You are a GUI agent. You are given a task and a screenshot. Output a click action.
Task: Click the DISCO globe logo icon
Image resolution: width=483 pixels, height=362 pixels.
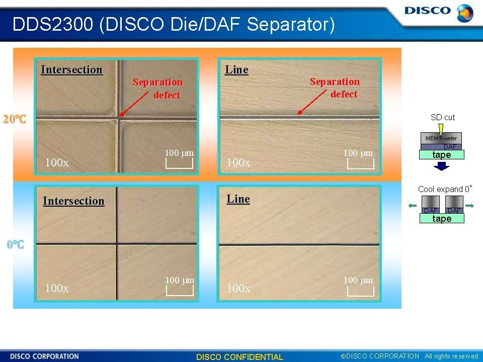tap(465, 13)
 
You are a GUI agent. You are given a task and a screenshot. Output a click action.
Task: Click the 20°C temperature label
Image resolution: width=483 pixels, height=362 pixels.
tap(15, 119)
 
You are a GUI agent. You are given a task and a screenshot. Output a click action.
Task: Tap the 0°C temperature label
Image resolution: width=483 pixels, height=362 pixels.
tap(16, 244)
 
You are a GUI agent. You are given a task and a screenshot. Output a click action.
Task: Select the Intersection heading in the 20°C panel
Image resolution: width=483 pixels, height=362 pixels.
tap(72, 70)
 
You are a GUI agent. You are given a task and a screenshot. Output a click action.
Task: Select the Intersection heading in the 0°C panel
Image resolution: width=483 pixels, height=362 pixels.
tap(73, 201)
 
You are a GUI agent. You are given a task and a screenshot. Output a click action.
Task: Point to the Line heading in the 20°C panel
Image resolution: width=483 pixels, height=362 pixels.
tap(236, 69)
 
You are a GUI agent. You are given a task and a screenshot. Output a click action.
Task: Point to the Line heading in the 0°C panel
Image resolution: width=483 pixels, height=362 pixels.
tap(238, 199)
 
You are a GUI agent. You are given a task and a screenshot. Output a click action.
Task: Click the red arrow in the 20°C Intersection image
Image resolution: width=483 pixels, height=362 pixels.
tap(134, 104)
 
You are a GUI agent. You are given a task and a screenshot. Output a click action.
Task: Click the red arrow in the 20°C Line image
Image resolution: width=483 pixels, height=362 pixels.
tap(312, 102)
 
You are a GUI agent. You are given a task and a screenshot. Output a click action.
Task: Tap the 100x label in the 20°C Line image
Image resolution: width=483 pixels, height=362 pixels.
tap(238, 162)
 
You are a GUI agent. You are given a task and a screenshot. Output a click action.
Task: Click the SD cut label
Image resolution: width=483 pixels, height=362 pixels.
tap(443, 117)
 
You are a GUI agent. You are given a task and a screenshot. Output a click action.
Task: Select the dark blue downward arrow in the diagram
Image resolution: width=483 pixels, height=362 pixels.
tap(441, 166)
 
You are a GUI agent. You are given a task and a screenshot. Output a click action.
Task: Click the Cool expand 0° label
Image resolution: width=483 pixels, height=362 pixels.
tap(445, 189)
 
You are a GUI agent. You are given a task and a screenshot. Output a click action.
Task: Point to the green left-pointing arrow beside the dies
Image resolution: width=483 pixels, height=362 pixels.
tap(413, 206)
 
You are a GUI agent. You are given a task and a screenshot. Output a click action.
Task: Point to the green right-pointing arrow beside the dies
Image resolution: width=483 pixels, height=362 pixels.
tap(469, 206)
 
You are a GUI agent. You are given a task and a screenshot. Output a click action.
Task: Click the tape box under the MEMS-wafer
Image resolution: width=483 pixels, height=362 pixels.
tap(442, 154)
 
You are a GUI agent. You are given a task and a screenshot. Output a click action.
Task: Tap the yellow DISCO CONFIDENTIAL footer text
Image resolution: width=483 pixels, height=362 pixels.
tap(239, 357)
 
